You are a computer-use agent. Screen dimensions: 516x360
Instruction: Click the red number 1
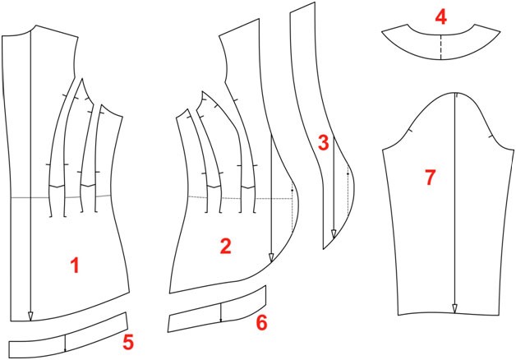[76, 265]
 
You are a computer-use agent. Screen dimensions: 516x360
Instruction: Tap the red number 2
[226, 246]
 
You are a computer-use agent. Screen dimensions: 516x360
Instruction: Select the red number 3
[323, 143]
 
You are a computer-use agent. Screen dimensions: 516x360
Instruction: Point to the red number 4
[440, 17]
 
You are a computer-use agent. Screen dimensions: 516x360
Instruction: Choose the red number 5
[128, 341]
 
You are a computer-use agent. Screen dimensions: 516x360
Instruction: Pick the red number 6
[261, 322]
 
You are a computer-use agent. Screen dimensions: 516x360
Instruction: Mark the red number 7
[430, 178]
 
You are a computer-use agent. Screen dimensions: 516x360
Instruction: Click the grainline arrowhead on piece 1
[30, 316]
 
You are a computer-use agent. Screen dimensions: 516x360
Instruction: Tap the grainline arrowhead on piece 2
[271, 257]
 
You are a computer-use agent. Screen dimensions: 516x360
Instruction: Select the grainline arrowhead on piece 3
[334, 234]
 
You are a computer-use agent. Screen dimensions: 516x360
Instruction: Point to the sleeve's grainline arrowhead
[454, 309]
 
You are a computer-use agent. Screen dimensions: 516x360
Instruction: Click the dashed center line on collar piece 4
[440, 47]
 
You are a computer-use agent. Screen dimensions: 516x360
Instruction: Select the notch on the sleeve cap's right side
[491, 136]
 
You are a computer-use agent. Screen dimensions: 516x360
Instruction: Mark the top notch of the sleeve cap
[457, 95]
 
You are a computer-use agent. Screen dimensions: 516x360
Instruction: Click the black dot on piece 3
[348, 173]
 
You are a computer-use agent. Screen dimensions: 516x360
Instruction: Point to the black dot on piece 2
[292, 191]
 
